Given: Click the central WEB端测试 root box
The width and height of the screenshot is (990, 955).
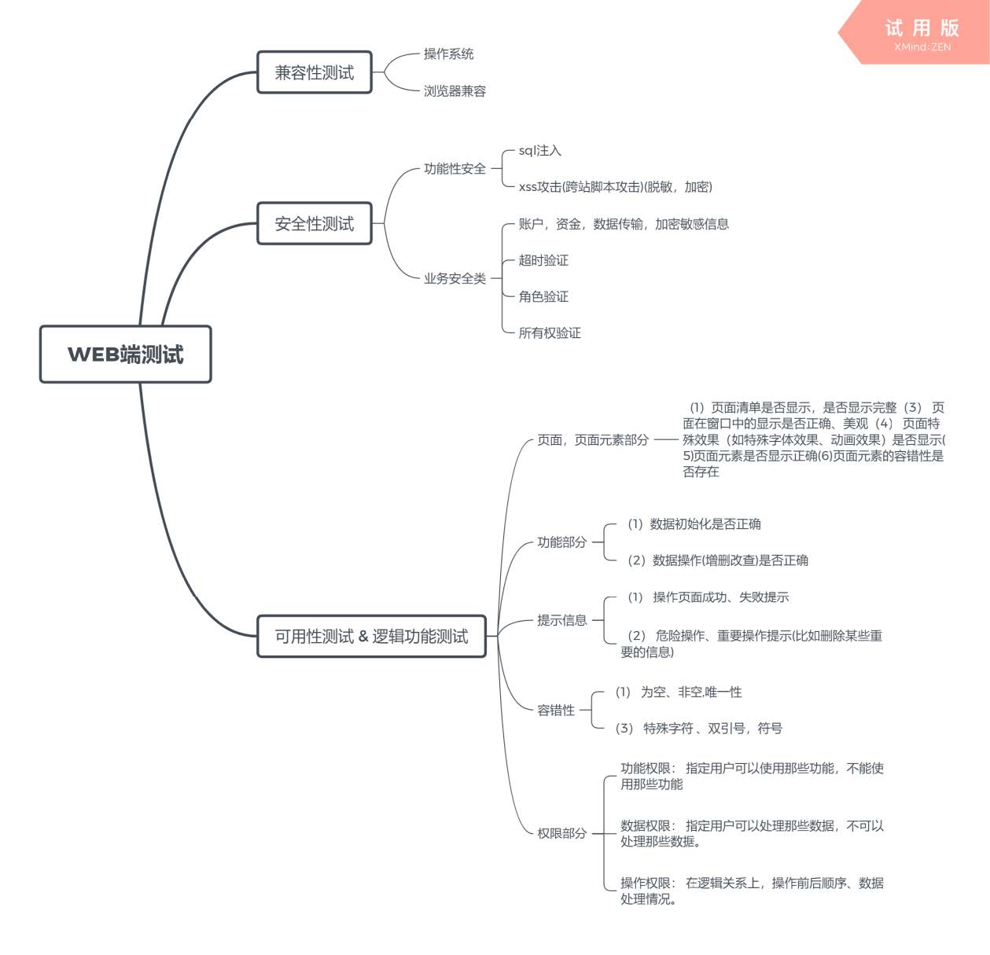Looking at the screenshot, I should pyautogui.click(x=126, y=354).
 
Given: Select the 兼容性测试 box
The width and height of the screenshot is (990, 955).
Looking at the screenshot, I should pyautogui.click(x=315, y=73).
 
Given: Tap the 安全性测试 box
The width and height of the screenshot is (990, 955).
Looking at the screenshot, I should pyautogui.click(x=315, y=224).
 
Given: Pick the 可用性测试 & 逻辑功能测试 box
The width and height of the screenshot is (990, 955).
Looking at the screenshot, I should pyautogui.click(x=371, y=637).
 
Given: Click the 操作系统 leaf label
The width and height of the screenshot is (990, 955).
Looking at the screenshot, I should pyautogui.click(x=448, y=54).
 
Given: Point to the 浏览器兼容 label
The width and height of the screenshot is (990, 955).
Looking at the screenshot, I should pyautogui.click(x=455, y=91).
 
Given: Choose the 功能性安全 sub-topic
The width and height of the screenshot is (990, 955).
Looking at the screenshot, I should pyautogui.click(x=455, y=169).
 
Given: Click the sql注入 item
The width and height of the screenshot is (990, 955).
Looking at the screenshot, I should pyautogui.click(x=539, y=151).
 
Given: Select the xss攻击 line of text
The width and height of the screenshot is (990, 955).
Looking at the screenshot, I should pyautogui.click(x=615, y=187).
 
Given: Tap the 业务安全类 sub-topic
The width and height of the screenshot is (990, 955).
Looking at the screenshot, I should pyautogui.click(x=455, y=278).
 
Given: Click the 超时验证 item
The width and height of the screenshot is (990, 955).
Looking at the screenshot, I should pyautogui.click(x=543, y=260).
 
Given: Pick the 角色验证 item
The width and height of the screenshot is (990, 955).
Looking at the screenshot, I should pyautogui.click(x=543, y=296).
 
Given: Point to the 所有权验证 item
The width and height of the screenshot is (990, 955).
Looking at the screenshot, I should pyautogui.click(x=550, y=333).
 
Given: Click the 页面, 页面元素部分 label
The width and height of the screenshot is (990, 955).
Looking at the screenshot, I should pyautogui.click(x=593, y=440).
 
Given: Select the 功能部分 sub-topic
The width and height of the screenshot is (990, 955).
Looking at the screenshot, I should pyautogui.click(x=561, y=542).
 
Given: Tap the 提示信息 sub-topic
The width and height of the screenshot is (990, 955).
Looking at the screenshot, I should pyautogui.click(x=561, y=620).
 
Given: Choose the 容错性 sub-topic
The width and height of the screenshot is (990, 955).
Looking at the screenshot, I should pyautogui.click(x=555, y=711).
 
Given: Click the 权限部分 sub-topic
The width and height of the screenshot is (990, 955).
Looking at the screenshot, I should pyautogui.click(x=561, y=833).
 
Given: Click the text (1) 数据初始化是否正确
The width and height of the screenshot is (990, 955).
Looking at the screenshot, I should pyautogui.click(x=694, y=524).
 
